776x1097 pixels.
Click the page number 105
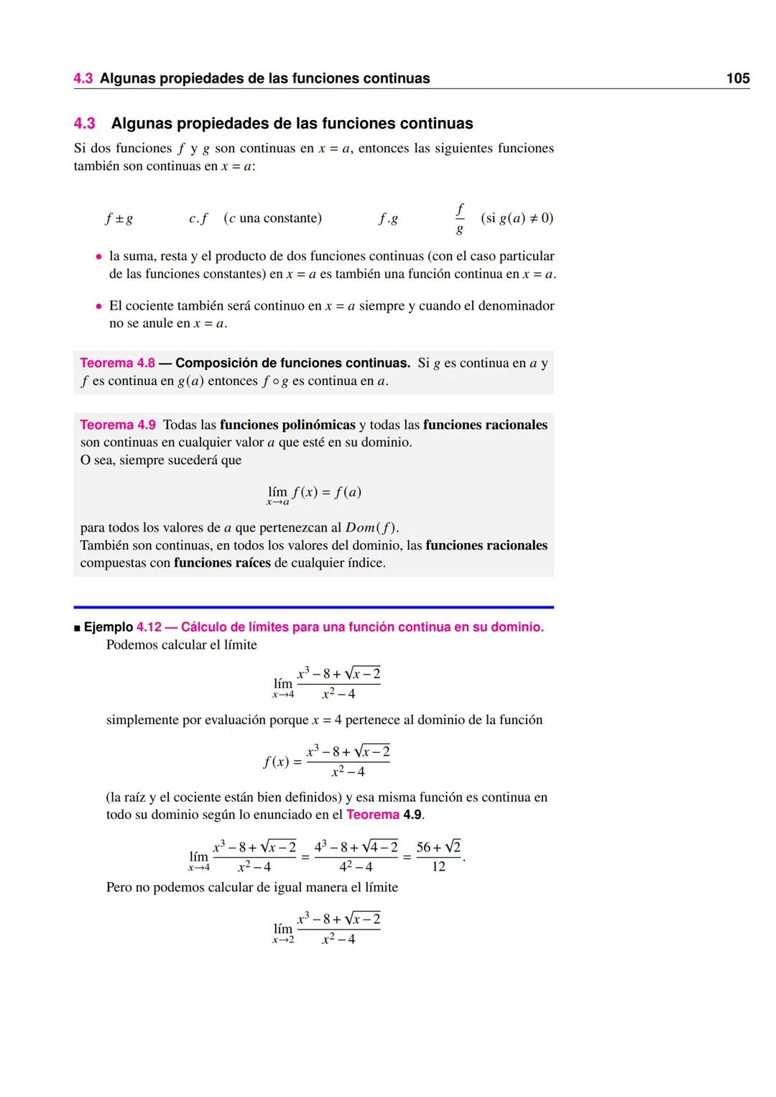[x=738, y=78]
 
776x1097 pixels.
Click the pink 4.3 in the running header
[x=83, y=78]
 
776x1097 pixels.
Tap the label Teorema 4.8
[x=117, y=363]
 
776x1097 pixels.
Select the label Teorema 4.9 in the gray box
[x=117, y=425]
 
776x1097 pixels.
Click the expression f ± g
[x=119, y=218]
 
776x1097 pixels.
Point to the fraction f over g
[x=459, y=218]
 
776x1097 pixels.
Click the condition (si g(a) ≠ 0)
[x=517, y=218]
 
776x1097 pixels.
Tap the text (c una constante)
[x=272, y=218]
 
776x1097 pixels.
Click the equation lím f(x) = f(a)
[x=314, y=494]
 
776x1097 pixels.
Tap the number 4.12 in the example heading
[x=149, y=627]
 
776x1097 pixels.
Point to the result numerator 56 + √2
[x=438, y=847]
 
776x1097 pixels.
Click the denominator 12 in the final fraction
[x=438, y=866]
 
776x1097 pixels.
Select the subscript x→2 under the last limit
[x=283, y=940]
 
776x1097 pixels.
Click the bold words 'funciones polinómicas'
[x=287, y=425]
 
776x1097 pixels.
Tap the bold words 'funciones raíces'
[x=222, y=563]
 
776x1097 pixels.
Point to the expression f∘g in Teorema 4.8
[x=275, y=381]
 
